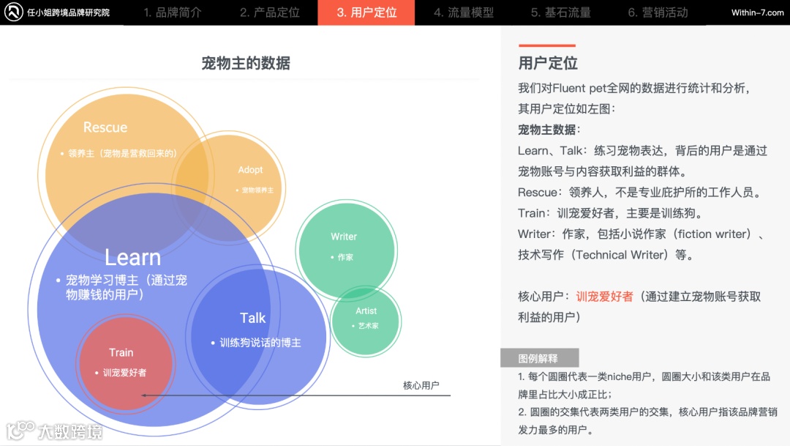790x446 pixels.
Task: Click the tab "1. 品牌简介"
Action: [x=173, y=12]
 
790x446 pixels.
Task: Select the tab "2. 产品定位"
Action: [x=270, y=12]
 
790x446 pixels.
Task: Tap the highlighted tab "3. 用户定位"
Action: [x=366, y=12]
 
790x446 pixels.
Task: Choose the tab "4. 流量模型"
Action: [x=464, y=12]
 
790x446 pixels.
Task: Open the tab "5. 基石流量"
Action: [x=561, y=12]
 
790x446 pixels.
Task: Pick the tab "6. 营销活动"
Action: [x=658, y=12]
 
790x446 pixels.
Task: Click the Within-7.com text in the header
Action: [x=757, y=12]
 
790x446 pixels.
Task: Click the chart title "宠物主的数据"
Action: [x=246, y=64]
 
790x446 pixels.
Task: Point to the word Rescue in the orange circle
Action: [x=105, y=127]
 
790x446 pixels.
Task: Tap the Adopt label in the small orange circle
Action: [x=250, y=170]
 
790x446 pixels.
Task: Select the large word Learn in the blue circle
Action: [x=132, y=257]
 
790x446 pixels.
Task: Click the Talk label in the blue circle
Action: [x=253, y=318]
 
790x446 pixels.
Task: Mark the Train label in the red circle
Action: [x=121, y=353]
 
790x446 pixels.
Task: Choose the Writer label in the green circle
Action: [x=344, y=237]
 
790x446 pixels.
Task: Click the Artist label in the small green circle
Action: [x=366, y=311]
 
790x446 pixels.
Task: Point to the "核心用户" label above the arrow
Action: [x=421, y=385]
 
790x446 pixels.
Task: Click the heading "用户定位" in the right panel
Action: [x=548, y=63]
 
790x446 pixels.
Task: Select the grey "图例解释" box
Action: [x=539, y=358]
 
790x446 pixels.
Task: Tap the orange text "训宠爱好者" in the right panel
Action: [x=605, y=297]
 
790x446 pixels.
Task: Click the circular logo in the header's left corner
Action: [x=13, y=12]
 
